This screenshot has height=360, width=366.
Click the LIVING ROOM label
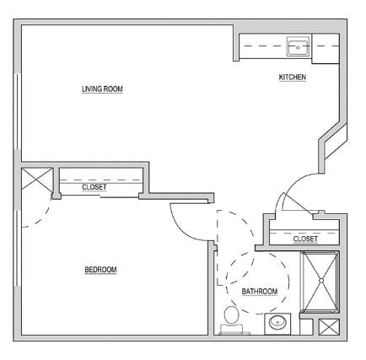click(102, 89)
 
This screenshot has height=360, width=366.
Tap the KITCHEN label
click(293, 77)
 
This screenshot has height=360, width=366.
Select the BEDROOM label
click(100, 270)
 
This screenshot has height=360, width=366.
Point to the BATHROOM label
click(260, 292)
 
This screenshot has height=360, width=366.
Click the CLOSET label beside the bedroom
click(94, 187)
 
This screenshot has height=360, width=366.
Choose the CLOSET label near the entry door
click(305, 239)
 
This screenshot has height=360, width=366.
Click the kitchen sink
click(298, 46)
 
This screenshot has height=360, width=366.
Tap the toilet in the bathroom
click(233, 320)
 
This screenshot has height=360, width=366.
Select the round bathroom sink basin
click(277, 322)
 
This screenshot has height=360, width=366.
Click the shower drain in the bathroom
click(320, 280)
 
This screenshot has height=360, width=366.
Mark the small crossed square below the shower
click(329, 326)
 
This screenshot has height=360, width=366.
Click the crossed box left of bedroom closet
click(37, 180)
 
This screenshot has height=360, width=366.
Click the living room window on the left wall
click(18, 111)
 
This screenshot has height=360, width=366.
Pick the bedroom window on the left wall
click(18, 248)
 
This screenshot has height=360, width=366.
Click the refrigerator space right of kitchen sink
click(326, 48)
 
